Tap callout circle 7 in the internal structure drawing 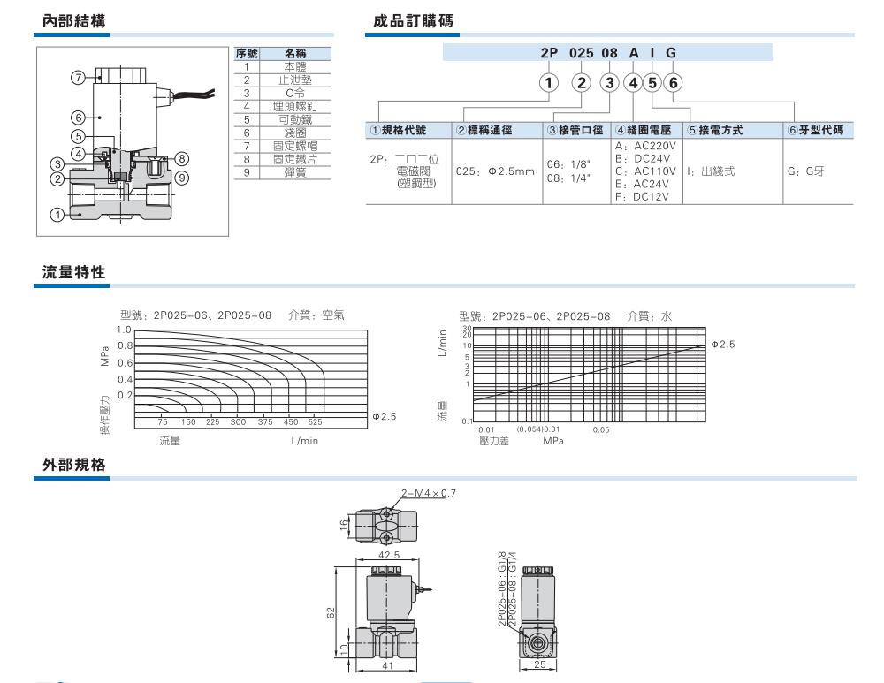(x=77, y=78)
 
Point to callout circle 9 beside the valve (x=183, y=177)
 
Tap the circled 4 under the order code (x=633, y=83)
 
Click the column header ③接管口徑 (x=575, y=130)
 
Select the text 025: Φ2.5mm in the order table (x=495, y=171)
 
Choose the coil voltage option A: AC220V (x=645, y=146)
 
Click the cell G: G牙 (x=804, y=171)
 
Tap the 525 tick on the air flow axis (x=315, y=422)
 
